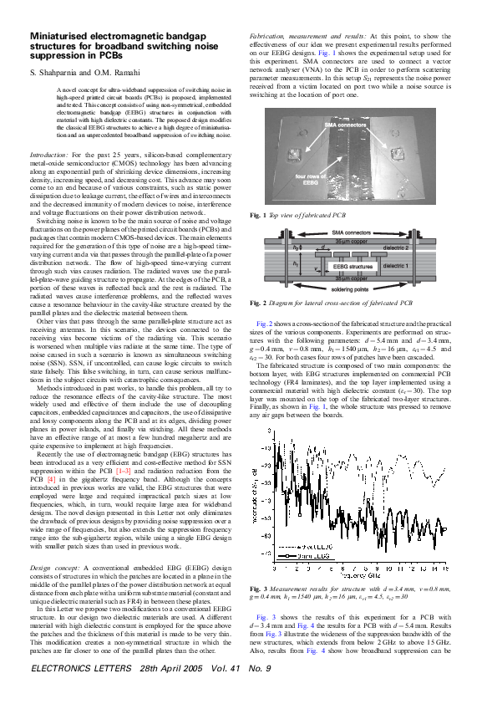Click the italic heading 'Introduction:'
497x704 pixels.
point(49,156)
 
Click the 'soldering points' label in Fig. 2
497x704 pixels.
point(353,288)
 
